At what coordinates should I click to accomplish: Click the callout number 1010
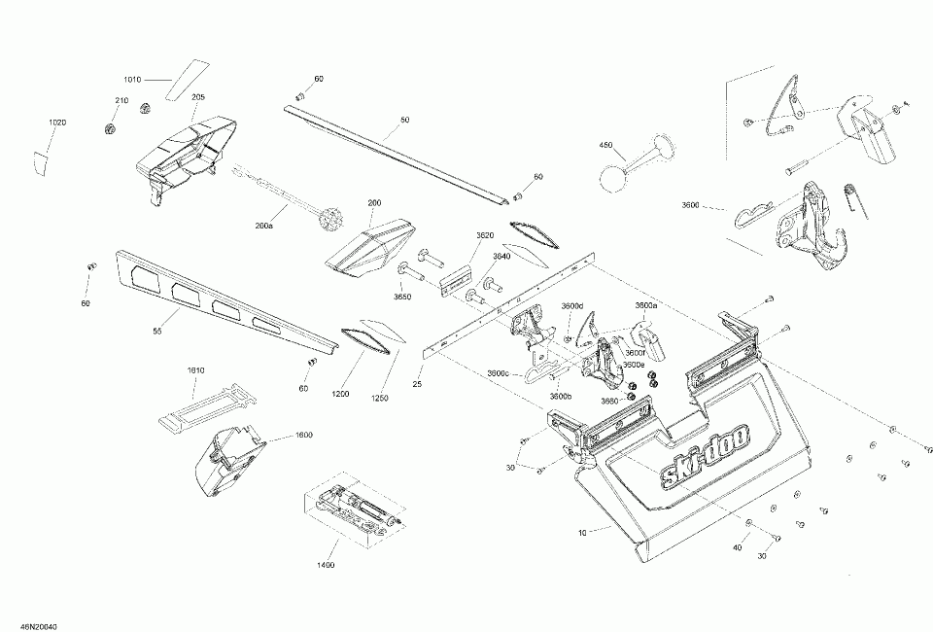pyautogui.click(x=131, y=80)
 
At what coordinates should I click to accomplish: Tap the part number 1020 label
pyautogui.click(x=57, y=123)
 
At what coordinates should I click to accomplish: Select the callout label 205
pyautogui.click(x=198, y=97)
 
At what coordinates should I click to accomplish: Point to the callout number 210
pyautogui.click(x=121, y=101)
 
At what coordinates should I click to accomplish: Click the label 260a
pyautogui.click(x=263, y=225)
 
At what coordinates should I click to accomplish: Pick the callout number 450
pyautogui.click(x=605, y=145)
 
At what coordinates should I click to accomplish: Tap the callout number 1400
pyautogui.click(x=325, y=565)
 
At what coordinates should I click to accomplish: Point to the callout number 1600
pyautogui.click(x=303, y=435)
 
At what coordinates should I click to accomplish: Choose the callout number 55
pyautogui.click(x=156, y=332)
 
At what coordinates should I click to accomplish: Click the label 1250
pyautogui.click(x=376, y=398)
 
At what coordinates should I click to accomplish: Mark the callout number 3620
pyautogui.click(x=485, y=235)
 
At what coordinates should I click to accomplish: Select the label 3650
pyautogui.click(x=402, y=297)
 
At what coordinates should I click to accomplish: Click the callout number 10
pyautogui.click(x=582, y=532)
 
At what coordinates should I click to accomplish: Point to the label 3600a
pyautogui.click(x=645, y=305)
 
